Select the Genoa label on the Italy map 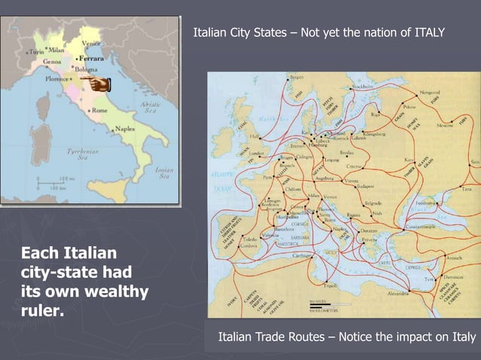[x=51, y=63]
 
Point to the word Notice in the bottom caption [x=363, y=336]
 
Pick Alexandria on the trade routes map [x=402, y=293]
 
